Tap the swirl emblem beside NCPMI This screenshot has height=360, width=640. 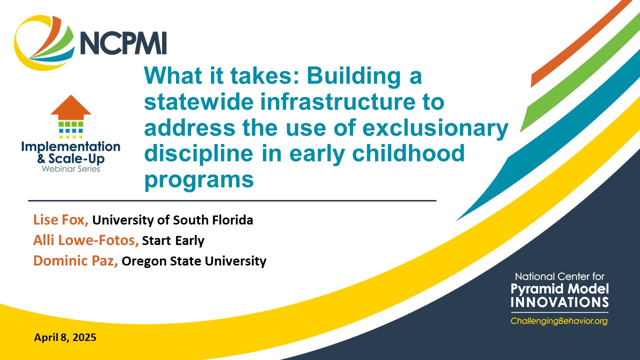click(45, 44)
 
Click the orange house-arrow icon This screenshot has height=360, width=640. click(70, 106)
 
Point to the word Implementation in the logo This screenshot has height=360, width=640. click(70, 147)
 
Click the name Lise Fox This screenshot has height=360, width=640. click(61, 220)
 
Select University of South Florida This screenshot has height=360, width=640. click(172, 220)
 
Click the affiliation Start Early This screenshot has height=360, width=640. click(173, 240)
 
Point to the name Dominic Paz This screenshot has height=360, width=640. click(75, 260)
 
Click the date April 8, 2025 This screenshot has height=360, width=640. click(65, 337)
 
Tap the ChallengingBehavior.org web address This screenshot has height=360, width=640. click(558, 321)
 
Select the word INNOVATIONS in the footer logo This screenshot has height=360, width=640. click(559, 302)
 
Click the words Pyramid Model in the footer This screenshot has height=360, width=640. click(559, 289)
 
